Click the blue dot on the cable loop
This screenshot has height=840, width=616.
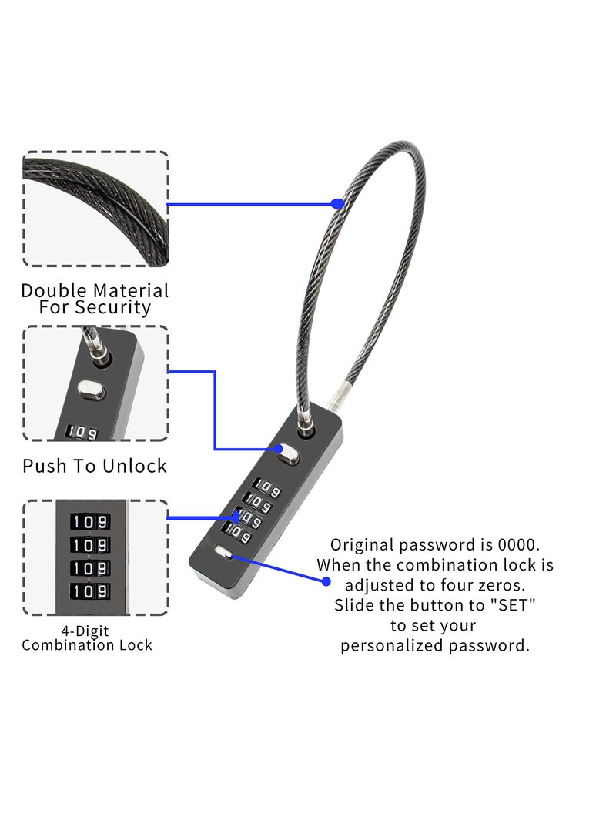(336, 204)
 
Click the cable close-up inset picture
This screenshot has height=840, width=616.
(95, 209)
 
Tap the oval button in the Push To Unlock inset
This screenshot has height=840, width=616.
(92, 390)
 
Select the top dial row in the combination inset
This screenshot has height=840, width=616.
(91, 522)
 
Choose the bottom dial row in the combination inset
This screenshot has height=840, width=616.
(91, 591)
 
